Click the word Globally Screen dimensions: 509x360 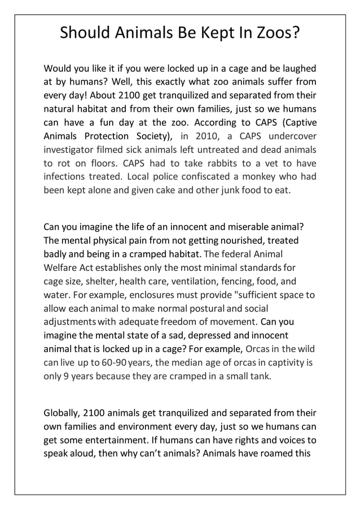(x=61, y=413)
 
